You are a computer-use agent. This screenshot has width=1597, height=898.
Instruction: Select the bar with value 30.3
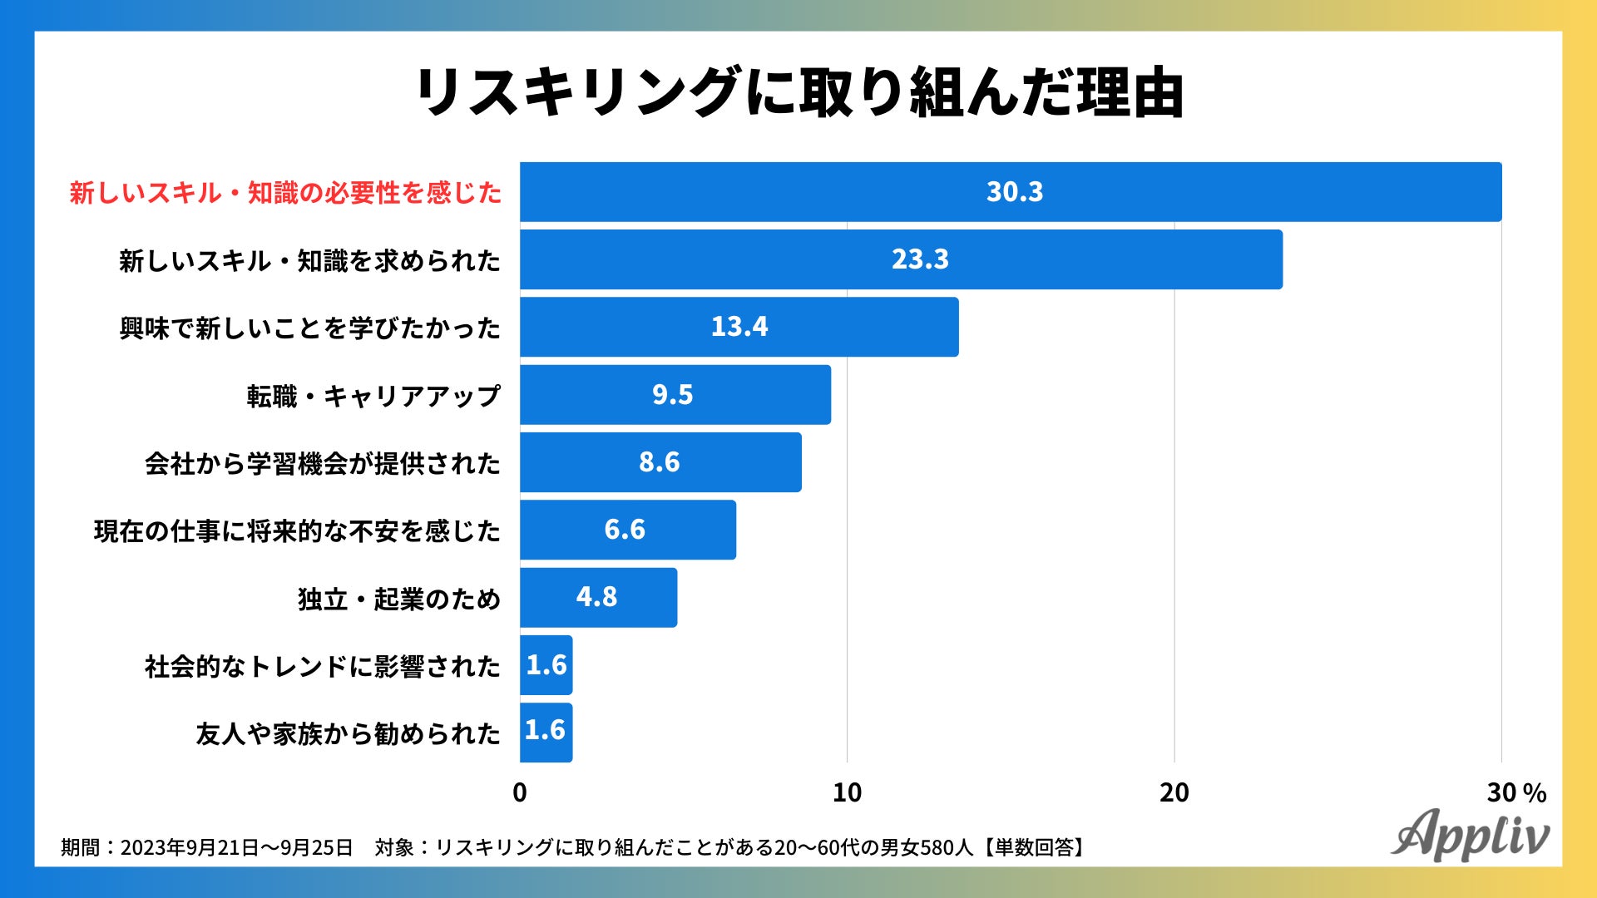pos(1011,192)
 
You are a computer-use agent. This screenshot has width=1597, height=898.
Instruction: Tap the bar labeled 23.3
pos(901,259)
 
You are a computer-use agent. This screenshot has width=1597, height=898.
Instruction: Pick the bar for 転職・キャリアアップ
pos(675,395)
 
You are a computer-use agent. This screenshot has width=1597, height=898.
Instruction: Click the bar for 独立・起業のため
pos(598,598)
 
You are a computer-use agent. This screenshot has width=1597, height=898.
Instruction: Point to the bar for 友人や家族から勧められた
pos(546,733)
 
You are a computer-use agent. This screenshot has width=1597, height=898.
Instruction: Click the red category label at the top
pos(285,193)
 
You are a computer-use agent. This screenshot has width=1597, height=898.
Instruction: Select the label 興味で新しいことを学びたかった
pos(309,328)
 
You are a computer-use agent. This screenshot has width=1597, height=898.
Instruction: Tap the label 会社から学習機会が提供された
pos(323,463)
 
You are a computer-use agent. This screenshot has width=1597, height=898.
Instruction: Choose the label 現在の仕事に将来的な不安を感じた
pos(297,530)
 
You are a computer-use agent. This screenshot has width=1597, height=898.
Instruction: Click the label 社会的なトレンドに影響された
pos(323,666)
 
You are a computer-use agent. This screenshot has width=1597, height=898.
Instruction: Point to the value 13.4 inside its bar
pos(739,327)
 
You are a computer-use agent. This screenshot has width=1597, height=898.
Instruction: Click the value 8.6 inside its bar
pos(659,462)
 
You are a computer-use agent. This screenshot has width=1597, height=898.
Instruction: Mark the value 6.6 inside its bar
pos(624,530)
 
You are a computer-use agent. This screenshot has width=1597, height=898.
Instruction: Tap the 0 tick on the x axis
pos(520,792)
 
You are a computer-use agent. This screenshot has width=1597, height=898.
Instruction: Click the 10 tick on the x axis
pos(847,792)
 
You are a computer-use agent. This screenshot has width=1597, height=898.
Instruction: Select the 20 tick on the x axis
pos(1174,792)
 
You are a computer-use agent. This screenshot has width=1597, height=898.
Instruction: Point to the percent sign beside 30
pos(1535,793)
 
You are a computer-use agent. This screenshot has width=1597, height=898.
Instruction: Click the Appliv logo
pos(1470,834)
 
